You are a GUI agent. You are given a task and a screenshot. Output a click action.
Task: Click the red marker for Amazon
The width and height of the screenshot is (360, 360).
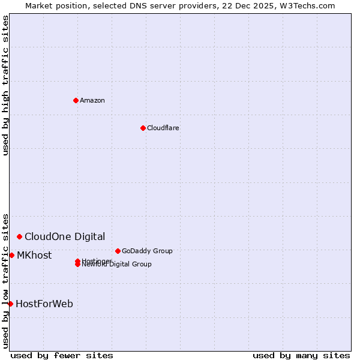[76, 100]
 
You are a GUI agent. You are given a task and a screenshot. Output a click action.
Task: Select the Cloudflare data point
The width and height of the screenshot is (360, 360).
[143, 128]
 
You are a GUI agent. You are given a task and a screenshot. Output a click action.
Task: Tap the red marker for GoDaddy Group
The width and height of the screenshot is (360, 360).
[118, 251]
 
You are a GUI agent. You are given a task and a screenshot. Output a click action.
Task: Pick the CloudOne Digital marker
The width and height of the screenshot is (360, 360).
[19, 237]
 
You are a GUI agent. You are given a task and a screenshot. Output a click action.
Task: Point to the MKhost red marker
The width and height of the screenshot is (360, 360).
[11, 256]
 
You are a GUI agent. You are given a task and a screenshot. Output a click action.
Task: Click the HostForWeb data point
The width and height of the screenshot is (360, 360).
[10, 304]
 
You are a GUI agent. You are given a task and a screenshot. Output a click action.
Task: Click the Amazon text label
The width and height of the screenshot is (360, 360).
[92, 100]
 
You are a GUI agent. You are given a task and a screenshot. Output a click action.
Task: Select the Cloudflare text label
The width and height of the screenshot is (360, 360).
[163, 128]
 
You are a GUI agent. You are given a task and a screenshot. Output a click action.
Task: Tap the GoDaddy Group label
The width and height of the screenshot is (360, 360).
[147, 251]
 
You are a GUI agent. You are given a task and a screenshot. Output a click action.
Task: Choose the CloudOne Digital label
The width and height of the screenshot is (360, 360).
[65, 237]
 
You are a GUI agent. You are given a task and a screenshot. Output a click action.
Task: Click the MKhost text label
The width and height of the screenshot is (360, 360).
[34, 256]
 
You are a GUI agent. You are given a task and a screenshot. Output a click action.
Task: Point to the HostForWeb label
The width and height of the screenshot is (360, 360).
[44, 304]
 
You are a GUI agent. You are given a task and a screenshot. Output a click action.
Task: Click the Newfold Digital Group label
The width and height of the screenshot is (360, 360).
[117, 265]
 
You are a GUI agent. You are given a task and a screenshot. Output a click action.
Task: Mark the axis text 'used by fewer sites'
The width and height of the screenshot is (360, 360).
[62, 356]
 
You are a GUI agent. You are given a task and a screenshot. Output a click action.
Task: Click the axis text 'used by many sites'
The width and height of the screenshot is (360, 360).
[301, 356]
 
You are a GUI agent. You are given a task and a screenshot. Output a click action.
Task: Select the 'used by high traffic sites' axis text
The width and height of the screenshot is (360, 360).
[5, 85]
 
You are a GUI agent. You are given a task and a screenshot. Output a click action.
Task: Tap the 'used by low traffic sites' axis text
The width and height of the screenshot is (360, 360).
[5, 281]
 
